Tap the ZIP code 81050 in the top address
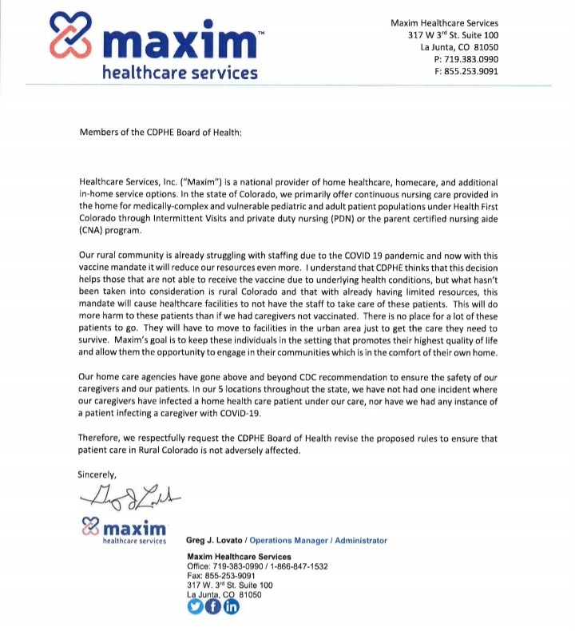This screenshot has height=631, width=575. [x=485, y=46]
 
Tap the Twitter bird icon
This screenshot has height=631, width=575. [x=196, y=606]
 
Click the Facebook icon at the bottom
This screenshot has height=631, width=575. [x=213, y=606]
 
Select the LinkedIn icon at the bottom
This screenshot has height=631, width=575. [x=231, y=606]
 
